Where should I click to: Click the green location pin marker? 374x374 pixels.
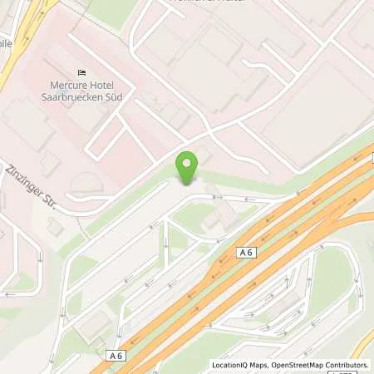tap(188, 168)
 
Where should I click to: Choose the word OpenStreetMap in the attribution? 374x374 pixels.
tap(300, 365)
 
